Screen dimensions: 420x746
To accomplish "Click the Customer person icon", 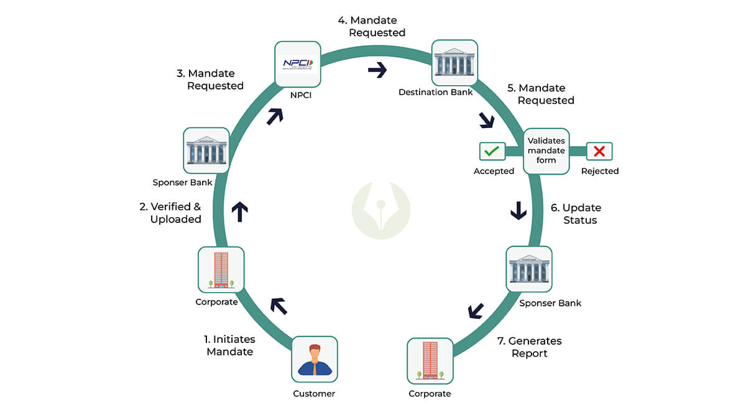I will tap(315, 359).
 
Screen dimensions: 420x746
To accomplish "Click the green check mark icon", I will tap(492, 151).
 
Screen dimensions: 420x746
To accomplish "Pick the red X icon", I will tap(599, 151).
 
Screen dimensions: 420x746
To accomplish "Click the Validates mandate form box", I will tap(546, 151).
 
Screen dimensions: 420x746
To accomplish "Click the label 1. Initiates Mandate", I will tap(229, 345).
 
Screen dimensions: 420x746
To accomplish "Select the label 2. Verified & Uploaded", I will tap(170, 213).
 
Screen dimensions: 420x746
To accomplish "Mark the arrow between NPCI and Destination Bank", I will tap(377, 70).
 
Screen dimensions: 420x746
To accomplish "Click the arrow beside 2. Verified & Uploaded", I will tap(239, 211).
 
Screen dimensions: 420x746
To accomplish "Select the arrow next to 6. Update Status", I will tap(518, 211).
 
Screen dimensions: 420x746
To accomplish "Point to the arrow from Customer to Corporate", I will tap(278, 305).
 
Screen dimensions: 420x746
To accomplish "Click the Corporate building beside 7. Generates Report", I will tap(430, 361).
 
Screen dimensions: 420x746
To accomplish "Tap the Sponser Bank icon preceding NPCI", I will tap(206, 150).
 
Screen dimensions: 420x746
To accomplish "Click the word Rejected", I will tap(600, 171).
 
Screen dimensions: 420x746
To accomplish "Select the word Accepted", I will tap(494, 171).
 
